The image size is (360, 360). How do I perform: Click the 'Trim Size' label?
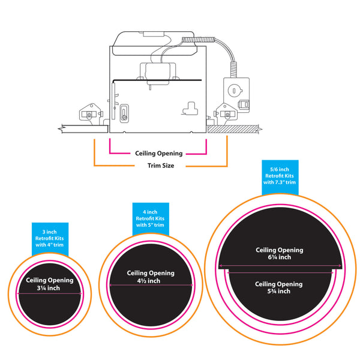(160, 165)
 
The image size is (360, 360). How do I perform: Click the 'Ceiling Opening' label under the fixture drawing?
(158, 153)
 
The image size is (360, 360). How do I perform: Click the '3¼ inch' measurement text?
(49, 288)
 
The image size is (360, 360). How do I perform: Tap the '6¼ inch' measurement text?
(280, 257)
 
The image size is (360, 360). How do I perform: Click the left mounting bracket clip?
(89, 112)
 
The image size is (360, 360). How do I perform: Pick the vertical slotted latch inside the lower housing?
(124, 112)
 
